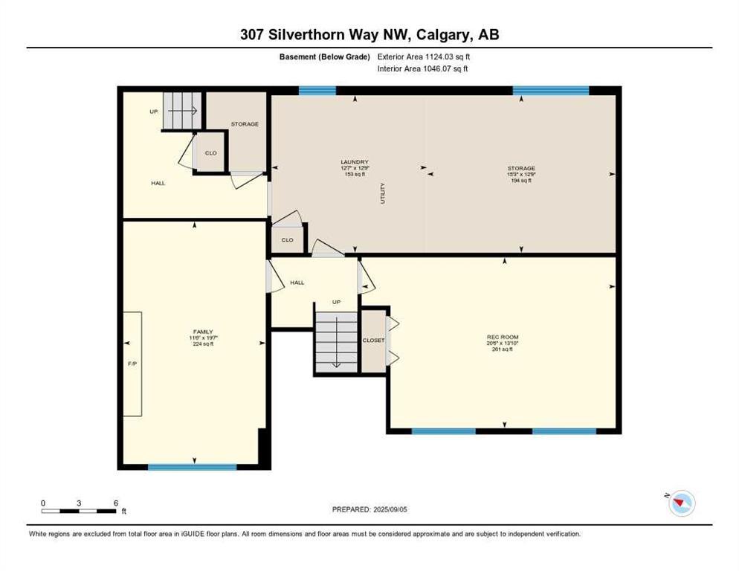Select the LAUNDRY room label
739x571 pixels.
pyautogui.click(x=355, y=162)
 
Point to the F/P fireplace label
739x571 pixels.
pyautogui.click(x=132, y=364)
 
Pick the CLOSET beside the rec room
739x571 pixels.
pyautogui.click(x=373, y=340)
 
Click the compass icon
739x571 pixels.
pyautogui.click(x=680, y=504)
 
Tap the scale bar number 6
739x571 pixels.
pyautogui.click(x=115, y=503)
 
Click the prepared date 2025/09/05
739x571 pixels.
pyautogui.click(x=371, y=509)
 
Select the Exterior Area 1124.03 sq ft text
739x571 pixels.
pyautogui.click(x=423, y=57)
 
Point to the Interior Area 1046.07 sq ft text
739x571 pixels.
pyautogui.click(x=423, y=69)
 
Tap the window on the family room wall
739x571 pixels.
pyautogui.click(x=192, y=467)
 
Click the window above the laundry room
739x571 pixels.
pyautogui.click(x=317, y=91)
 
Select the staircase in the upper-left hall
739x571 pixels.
pyautogui.click(x=181, y=111)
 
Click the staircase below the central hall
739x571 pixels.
pyautogui.click(x=336, y=340)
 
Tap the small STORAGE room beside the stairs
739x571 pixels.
pyautogui.click(x=244, y=124)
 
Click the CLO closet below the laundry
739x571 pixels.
pyautogui.click(x=287, y=240)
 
